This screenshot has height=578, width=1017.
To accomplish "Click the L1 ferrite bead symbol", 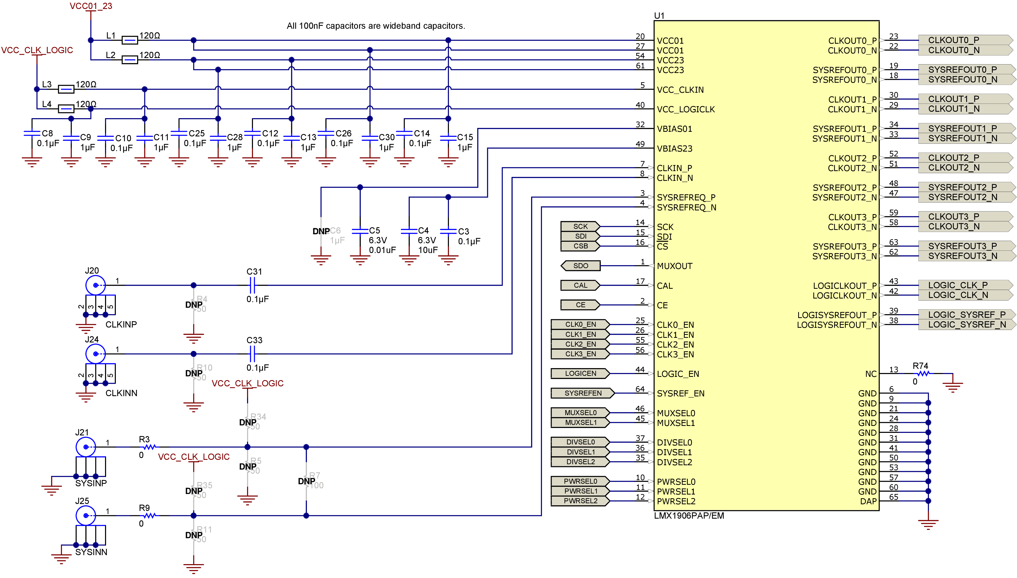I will (129, 40).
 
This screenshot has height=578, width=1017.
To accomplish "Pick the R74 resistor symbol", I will (923, 373).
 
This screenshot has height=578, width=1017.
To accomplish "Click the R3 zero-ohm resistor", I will (149, 447).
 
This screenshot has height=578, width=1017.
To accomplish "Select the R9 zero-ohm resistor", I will (149, 515).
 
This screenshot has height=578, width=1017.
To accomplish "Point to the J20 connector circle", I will (96, 285).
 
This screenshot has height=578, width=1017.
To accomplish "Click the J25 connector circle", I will (86, 515).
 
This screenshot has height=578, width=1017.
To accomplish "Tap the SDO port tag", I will (580, 266).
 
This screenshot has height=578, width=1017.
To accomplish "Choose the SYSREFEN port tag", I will (582, 393).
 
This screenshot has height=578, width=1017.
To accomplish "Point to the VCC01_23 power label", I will (91, 6).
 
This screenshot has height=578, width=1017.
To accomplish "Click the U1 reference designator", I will (659, 15).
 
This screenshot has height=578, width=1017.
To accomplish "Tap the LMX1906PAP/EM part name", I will (689, 515).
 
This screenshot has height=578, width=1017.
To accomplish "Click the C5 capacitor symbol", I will (360, 231).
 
